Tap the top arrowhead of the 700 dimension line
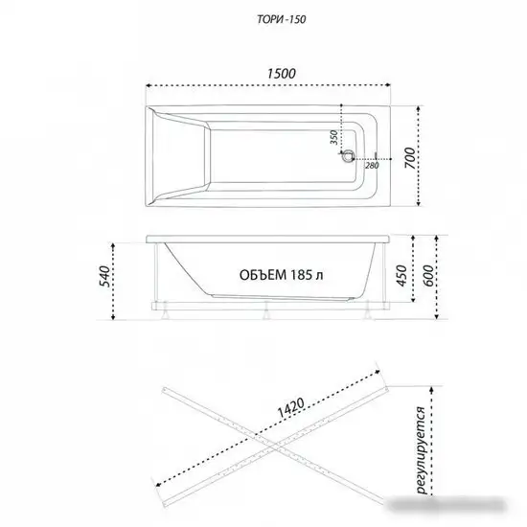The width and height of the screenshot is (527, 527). click(x=419, y=103)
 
